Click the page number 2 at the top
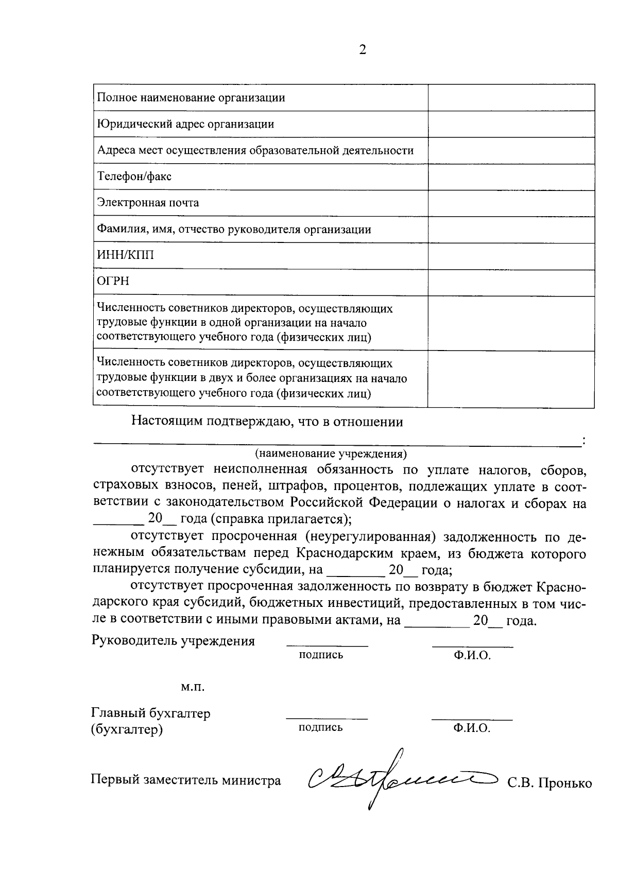coord(362,50)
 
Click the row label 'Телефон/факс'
coord(134,177)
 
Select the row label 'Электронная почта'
coord(148,203)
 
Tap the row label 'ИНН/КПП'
coord(126,256)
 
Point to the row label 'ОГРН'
coord(113,282)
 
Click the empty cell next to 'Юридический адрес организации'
coord(511,124)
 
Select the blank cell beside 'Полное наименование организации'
coord(511,98)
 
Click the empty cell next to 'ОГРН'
coord(511,282)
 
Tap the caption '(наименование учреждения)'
coord(331,454)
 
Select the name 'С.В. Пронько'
coord(550,783)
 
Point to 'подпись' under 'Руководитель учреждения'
coord(321,655)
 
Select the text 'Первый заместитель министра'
coord(186,780)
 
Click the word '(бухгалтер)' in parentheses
coord(127,730)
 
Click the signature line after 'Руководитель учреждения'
coord(327,645)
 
